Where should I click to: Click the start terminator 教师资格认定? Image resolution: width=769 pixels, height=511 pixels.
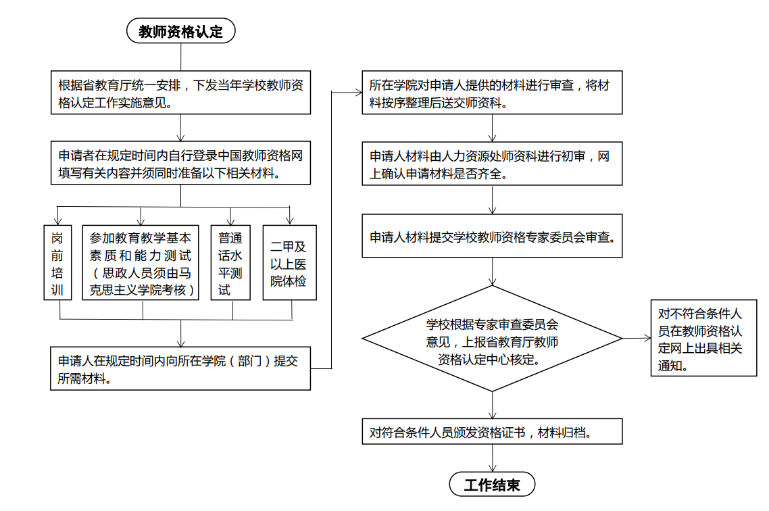(181, 31)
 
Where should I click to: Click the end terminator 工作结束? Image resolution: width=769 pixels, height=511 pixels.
(492, 485)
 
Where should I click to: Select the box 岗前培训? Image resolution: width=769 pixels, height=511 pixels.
(58, 262)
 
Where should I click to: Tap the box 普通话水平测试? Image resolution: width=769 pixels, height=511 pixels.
(230, 262)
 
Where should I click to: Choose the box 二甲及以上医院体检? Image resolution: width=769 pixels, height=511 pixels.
(289, 262)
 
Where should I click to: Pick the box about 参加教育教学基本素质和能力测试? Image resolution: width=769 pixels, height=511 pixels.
(141, 262)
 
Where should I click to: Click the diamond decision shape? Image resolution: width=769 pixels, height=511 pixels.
(492, 339)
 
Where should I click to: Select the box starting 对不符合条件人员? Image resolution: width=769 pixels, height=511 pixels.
(703, 338)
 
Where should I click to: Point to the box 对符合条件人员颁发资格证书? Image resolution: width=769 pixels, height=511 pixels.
(492, 431)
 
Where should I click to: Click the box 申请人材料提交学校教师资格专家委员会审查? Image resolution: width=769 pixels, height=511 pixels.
(492, 236)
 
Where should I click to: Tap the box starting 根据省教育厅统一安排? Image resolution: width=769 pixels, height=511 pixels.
(181, 93)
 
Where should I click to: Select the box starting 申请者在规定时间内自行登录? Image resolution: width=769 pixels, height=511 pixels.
(181, 163)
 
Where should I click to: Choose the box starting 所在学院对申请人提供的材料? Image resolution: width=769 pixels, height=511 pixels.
(492, 93)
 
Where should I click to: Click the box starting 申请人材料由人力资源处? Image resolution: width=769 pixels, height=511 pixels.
(492, 164)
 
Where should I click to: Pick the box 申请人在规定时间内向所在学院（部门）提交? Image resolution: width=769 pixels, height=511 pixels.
(180, 368)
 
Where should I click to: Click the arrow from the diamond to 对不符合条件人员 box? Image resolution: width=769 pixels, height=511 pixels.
(637, 338)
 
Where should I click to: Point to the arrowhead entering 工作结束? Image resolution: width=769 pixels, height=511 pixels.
(493, 468)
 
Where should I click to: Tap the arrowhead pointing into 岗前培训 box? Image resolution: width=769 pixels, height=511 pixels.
(58, 222)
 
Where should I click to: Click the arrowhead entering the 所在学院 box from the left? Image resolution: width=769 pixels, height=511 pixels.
(359, 92)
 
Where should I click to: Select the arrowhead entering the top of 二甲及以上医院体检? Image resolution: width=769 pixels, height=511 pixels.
(290, 222)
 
